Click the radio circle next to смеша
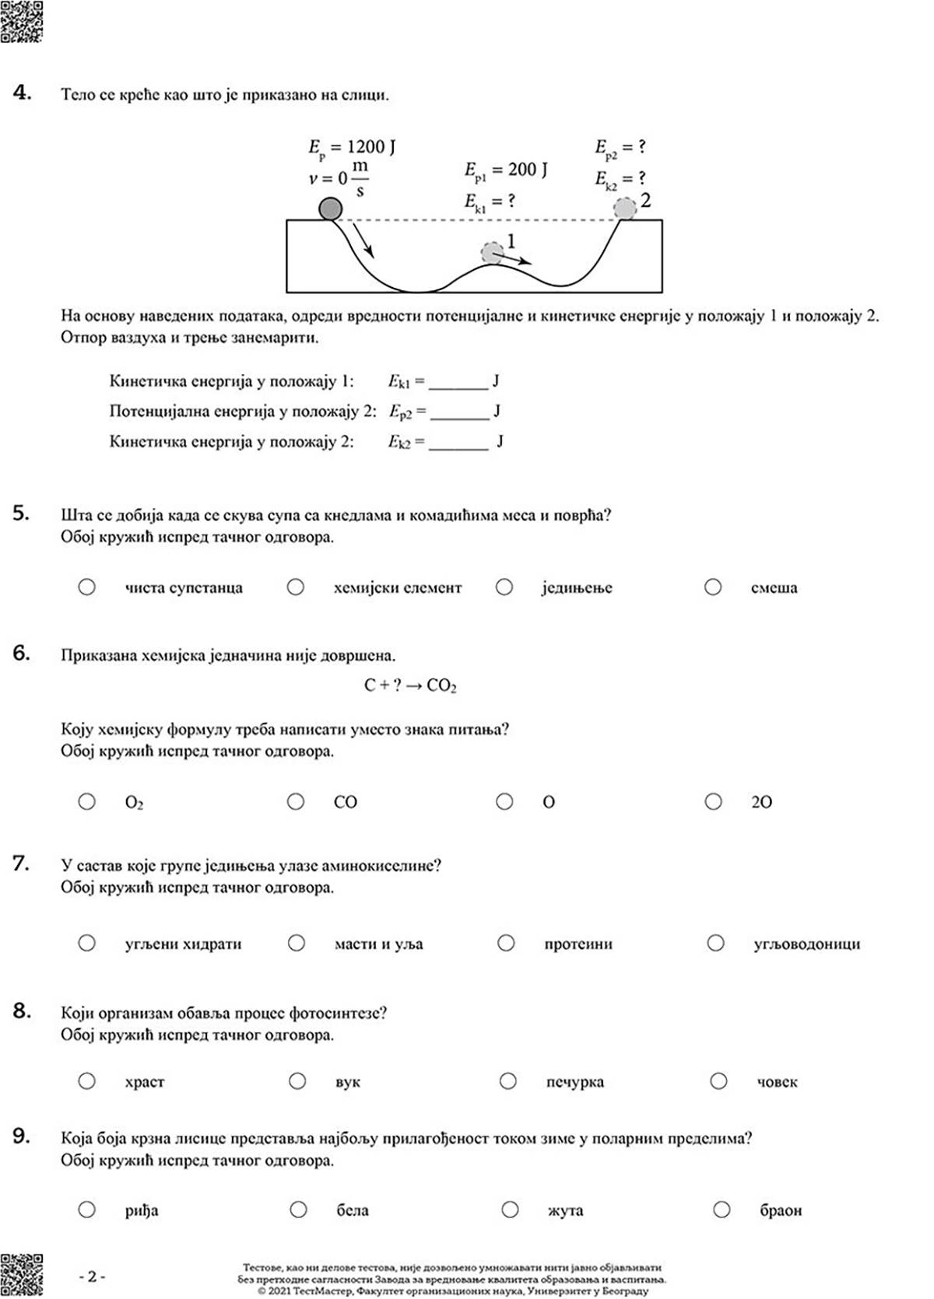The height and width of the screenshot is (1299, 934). click(x=713, y=587)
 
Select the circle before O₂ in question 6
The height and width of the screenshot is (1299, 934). click(x=87, y=801)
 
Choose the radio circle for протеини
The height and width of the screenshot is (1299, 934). click(x=506, y=944)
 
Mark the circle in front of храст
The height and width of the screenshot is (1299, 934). click(x=87, y=1081)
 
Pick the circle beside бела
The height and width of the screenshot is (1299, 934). click(x=298, y=1210)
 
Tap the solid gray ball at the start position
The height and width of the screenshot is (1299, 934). click(x=331, y=208)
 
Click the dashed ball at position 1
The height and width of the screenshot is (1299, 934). click(x=492, y=252)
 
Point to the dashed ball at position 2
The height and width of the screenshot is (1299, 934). click(x=624, y=208)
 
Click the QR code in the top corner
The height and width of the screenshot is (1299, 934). click(x=21, y=21)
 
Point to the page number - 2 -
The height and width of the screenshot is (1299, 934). click(x=92, y=1276)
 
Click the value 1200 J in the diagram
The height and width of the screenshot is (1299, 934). click(x=370, y=147)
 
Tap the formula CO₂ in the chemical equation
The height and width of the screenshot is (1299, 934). click(x=441, y=685)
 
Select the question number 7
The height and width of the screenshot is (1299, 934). click(x=21, y=863)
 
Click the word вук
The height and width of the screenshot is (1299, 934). click(x=347, y=1082)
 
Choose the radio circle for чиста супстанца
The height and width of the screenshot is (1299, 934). click(x=87, y=587)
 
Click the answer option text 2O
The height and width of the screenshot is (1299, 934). click(x=761, y=802)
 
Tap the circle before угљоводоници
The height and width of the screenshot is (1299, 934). click(x=716, y=944)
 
